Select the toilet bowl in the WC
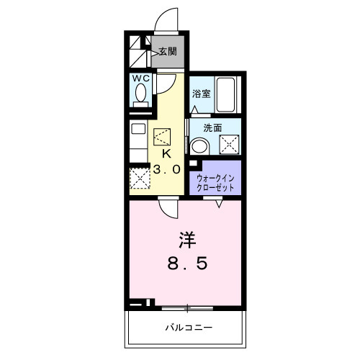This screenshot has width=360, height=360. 140,94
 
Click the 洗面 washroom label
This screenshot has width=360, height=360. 212,127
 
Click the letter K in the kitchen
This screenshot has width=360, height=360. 165,153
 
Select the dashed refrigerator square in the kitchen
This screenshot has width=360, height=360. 139,177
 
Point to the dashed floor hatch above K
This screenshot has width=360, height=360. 163,136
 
